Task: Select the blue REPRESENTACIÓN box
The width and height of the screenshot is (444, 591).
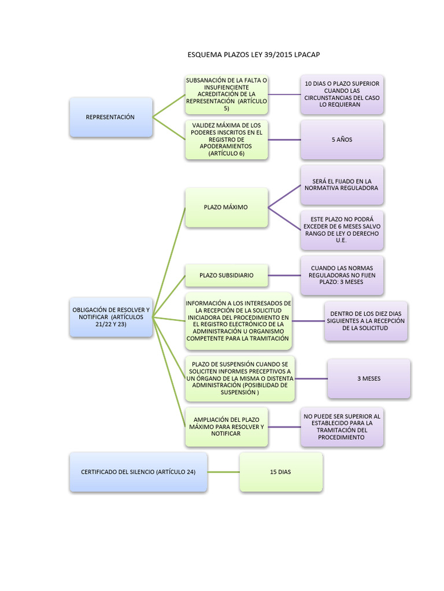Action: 110,117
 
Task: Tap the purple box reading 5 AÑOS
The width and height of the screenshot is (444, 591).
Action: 342,140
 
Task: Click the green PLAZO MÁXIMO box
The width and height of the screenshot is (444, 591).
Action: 226,207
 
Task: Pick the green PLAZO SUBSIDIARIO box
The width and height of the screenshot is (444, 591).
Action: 226,275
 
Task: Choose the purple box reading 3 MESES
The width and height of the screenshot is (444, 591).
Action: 368,379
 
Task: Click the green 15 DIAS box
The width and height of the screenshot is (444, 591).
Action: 280,472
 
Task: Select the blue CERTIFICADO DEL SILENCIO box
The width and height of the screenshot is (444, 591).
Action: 138,472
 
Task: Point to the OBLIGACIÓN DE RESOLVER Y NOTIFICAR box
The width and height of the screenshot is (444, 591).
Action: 110,317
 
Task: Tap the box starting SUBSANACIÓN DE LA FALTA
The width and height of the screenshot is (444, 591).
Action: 226,95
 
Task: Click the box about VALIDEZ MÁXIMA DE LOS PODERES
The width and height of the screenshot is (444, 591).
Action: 226,140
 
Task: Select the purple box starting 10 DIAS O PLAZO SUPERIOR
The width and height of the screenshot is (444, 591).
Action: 342,95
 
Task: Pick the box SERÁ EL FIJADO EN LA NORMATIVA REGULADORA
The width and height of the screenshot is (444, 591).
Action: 342,185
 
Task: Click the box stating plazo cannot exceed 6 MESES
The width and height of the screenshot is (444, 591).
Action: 342,230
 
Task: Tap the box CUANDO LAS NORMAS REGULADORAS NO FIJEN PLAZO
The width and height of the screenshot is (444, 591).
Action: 342,275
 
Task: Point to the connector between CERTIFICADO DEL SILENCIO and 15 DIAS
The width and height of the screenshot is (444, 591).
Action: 223,472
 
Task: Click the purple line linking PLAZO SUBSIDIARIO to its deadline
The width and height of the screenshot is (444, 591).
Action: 284,275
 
